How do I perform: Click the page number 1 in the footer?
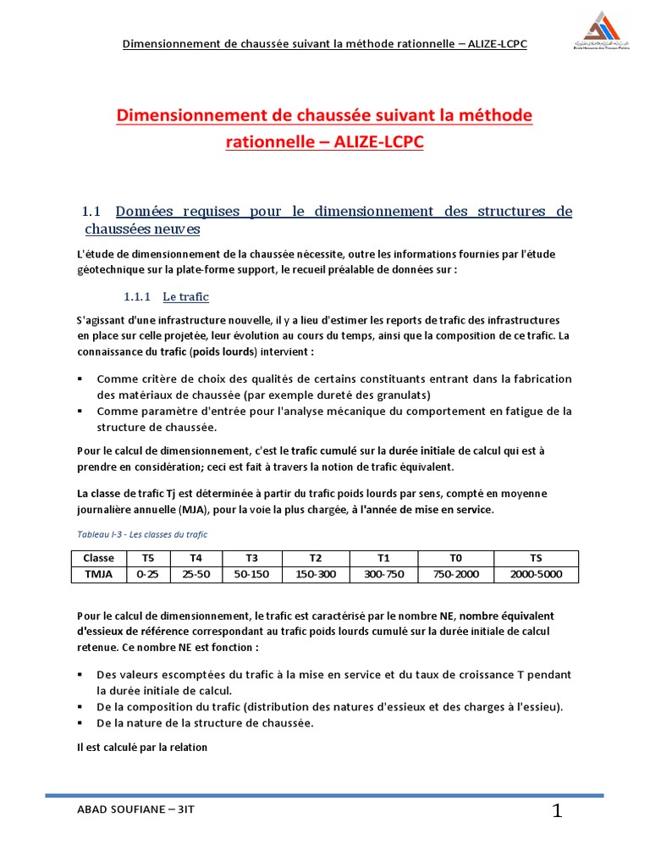tap(557, 812)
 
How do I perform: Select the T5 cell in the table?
tap(148, 559)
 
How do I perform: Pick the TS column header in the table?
tap(536, 559)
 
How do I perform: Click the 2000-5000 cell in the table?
tap(536, 575)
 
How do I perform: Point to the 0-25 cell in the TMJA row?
tap(148, 575)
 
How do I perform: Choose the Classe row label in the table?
tap(98, 559)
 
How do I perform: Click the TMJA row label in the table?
tap(98, 575)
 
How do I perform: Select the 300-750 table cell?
tap(383, 575)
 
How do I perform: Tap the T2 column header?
tap(316, 559)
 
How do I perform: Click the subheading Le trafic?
tap(185, 297)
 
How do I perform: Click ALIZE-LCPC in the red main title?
tap(366, 142)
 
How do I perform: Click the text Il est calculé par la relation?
tap(142, 748)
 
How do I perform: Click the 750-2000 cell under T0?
tap(456, 575)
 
